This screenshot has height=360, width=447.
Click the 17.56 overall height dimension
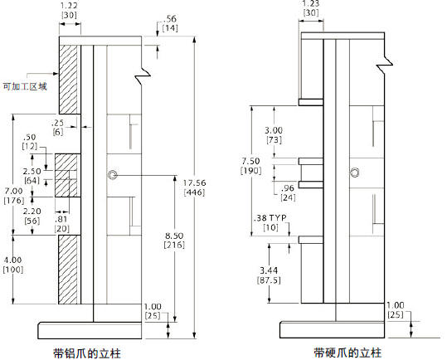coord(194,183)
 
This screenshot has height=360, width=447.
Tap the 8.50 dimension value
coord(174,236)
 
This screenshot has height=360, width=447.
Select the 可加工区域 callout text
coord(25,86)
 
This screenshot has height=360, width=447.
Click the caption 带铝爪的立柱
coord(87,353)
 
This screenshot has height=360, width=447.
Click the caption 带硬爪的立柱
coord(347,353)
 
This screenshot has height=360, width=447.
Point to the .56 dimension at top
coord(170,19)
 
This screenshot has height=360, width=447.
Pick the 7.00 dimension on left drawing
coord(13,191)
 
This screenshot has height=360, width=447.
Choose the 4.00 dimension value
coord(12,260)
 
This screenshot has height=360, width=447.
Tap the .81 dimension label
coord(61,219)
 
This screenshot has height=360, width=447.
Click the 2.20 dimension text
coord(32,212)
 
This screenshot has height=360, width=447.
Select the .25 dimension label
coord(57,123)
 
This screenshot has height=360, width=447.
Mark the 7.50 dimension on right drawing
coord(250,161)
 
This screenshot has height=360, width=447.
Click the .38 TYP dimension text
coord(270,218)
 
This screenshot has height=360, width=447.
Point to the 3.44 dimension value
coord(269,270)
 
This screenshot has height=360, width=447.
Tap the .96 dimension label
coord(287,188)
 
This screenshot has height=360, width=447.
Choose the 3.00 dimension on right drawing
coord(274,130)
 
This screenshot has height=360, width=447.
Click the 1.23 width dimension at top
coord(311,3)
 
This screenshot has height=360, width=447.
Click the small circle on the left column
coord(112,175)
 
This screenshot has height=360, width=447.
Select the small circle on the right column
coord(355,173)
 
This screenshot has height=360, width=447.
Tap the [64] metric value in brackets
coord(32,181)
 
